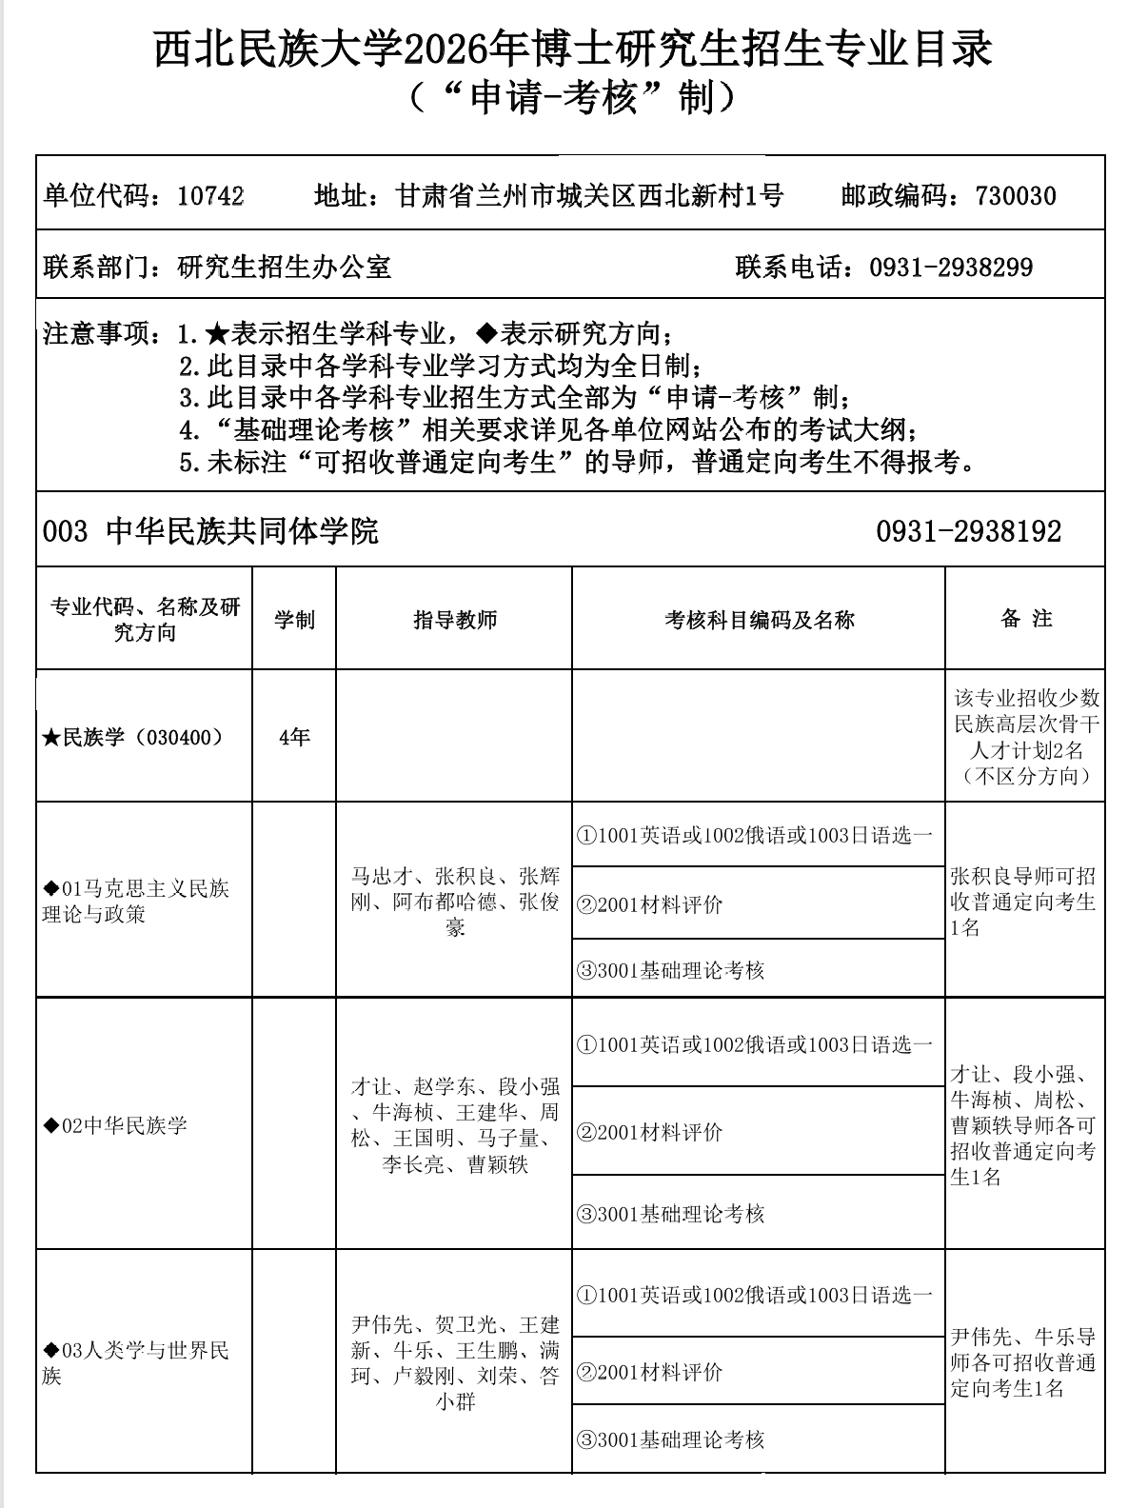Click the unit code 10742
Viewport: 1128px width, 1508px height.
coord(210,196)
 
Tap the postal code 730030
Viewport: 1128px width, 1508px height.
coord(1015,196)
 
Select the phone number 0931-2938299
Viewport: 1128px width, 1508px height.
coord(951,268)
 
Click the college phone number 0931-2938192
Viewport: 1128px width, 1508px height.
coord(968,531)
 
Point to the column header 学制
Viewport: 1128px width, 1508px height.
coord(294,620)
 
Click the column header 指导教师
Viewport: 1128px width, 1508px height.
coord(454,620)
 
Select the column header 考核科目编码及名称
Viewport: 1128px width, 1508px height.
coord(759,620)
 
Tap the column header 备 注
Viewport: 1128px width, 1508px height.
coord(1025,619)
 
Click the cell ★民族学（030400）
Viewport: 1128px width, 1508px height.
coord(133,737)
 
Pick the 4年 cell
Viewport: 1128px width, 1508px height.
coord(294,737)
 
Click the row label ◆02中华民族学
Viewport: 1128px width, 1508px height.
coord(115,1126)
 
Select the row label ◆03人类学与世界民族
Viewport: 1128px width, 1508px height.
coord(136,1363)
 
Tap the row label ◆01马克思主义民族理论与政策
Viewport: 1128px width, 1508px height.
coord(136,902)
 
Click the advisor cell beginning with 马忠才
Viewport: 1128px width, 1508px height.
coord(454,902)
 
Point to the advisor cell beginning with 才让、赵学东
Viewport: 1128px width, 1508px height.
coord(454,1125)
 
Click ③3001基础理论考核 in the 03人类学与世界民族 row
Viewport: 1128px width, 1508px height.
coord(670,1439)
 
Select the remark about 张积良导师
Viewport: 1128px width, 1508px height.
coord(1024,902)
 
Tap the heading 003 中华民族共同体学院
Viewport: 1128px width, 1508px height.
coord(210,531)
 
